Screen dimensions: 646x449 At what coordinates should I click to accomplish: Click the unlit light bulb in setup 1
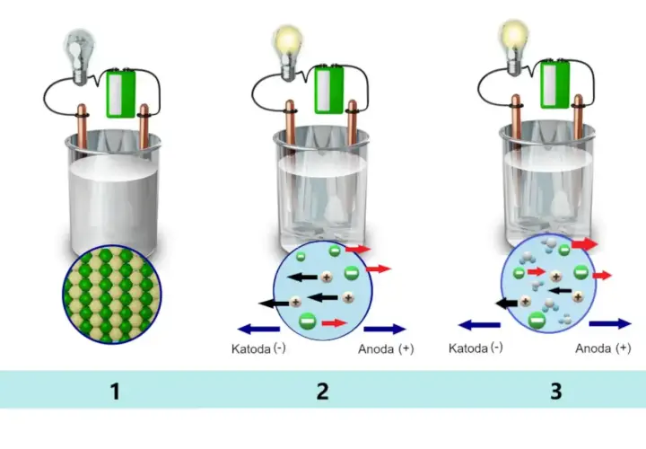pos(79,57)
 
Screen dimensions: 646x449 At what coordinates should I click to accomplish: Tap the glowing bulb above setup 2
pos(288,53)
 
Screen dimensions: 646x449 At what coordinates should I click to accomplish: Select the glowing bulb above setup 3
pos(513,48)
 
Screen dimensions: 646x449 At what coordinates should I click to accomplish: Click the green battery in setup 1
pos(121,93)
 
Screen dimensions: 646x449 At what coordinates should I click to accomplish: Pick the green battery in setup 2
pos(328,89)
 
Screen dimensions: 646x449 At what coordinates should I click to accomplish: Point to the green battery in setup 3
pos(554,84)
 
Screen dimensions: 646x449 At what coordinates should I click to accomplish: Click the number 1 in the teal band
pos(116,391)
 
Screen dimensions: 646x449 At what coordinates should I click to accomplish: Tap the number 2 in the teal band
pos(323,391)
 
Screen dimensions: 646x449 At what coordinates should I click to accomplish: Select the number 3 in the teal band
pos(556,391)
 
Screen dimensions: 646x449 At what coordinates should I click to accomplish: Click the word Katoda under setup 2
pos(250,348)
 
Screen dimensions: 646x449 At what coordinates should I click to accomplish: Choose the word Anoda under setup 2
pos(376,348)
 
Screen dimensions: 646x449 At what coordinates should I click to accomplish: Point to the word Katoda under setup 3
pos(468,348)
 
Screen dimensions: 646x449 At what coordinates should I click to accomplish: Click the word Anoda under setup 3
pos(593,348)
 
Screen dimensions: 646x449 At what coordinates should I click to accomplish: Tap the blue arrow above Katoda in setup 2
pos(258,329)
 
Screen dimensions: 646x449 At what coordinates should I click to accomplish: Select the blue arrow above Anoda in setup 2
pos(385,329)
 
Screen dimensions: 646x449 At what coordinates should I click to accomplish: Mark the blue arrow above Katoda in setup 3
pos(479,325)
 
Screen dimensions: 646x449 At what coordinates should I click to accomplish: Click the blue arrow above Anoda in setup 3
pos(610,324)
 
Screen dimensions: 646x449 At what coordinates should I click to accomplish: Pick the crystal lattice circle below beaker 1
pos(112,295)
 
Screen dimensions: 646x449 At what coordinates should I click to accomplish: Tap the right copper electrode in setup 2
pos(353,123)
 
